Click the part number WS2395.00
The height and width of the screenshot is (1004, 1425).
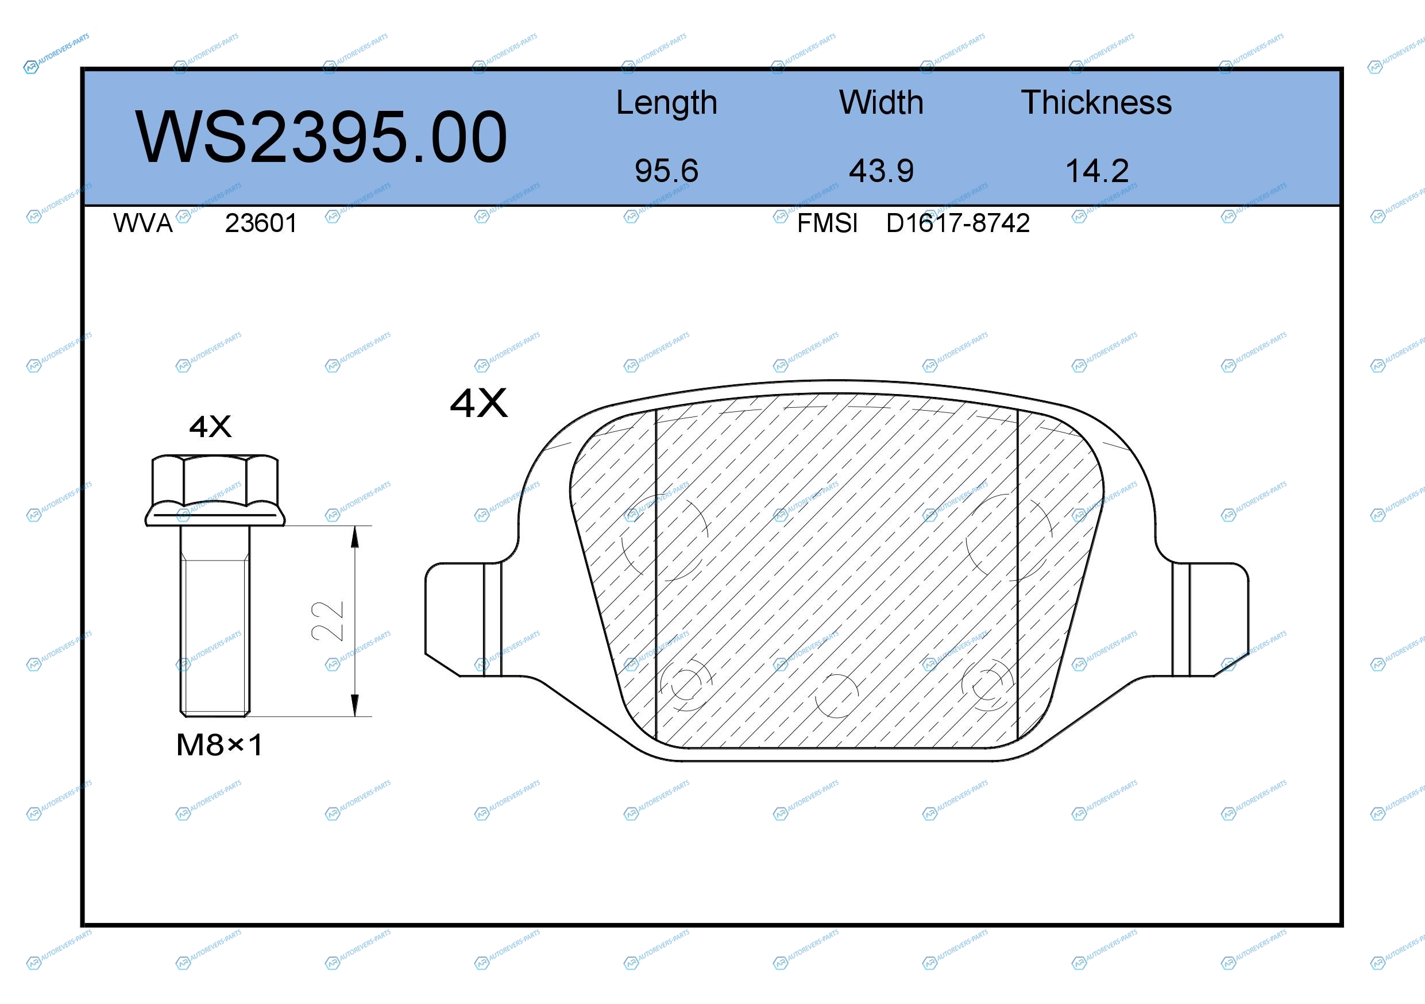(321, 137)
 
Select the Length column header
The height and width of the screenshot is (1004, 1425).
(667, 103)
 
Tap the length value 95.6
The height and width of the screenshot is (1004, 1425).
(667, 171)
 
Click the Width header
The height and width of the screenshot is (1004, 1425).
(881, 102)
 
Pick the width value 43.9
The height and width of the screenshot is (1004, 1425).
(881, 171)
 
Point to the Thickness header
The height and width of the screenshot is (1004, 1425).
(1096, 102)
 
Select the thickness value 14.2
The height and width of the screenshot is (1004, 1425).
(1096, 171)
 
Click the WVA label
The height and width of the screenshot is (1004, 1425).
(143, 223)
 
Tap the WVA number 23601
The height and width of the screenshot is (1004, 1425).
(261, 223)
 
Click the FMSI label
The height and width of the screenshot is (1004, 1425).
(827, 223)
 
